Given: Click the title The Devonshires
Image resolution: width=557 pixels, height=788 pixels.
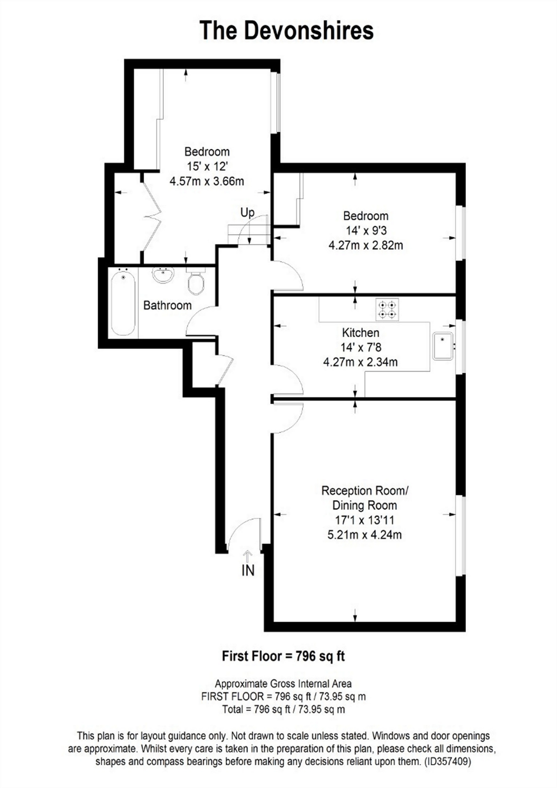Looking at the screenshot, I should pos(286,31).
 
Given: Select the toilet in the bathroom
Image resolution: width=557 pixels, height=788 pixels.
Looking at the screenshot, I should pos(196,281).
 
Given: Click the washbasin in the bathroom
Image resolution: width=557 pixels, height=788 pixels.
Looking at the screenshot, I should pos(163,275).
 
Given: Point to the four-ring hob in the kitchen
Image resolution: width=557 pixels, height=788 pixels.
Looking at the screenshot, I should pos(387,310).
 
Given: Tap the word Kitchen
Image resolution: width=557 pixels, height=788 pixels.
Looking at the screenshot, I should pos(361,333).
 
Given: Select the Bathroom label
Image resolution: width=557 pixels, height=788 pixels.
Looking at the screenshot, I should pos(168,305).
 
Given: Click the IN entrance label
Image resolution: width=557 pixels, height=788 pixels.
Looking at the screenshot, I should pos(248,571).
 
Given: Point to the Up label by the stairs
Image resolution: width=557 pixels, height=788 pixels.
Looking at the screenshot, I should pos(247,212).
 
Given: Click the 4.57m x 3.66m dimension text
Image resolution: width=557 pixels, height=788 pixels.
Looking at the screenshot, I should pos(207,181).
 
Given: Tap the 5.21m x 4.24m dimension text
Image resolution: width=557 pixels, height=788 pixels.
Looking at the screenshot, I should pos(364,535).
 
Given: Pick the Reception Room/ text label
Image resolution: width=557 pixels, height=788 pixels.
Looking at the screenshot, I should pos(365,491).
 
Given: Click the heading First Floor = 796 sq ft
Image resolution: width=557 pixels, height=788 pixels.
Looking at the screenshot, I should pos(283,656).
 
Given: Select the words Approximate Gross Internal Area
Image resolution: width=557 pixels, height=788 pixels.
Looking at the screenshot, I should pos(283,684).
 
